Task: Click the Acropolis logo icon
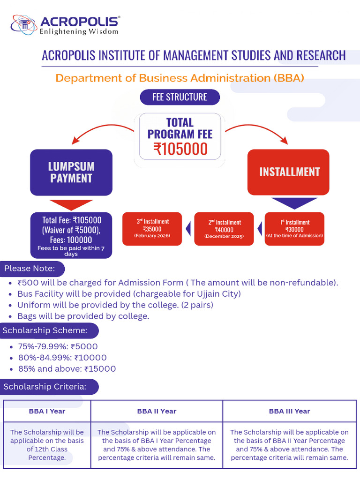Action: [23, 25]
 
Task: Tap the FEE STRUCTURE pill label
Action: [180, 97]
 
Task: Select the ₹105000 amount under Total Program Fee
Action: [180, 149]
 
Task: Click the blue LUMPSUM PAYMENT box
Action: [71, 172]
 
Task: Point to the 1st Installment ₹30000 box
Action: [294, 229]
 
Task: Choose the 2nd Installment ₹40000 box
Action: [224, 229]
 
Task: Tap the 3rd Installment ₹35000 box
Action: [152, 229]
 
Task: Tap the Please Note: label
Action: [30, 269]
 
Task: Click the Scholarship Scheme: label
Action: [45, 330]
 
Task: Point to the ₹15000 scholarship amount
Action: [100, 369]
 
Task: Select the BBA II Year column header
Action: [157, 411]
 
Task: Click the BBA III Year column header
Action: [289, 411]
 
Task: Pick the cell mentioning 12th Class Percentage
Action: [47, 444]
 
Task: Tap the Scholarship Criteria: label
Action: [45, 387]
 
